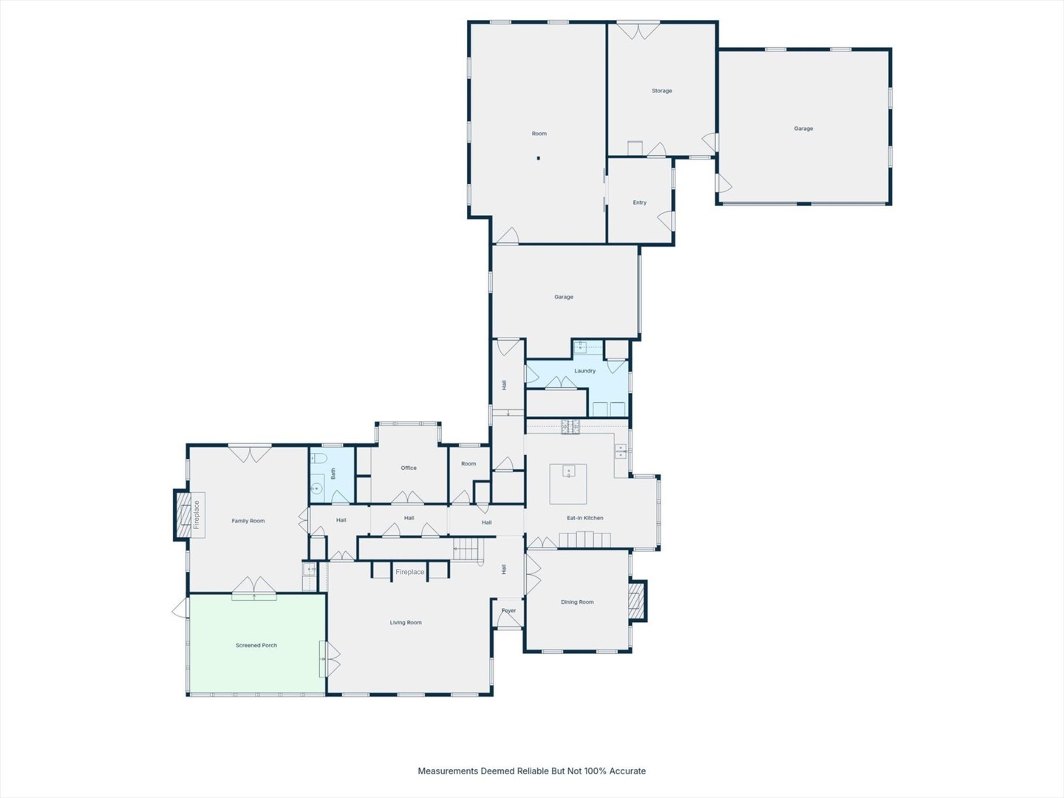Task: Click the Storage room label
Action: click(661, 91)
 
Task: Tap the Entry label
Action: click(639, 202)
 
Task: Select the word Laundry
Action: click(584, 371)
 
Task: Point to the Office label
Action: click(409, 468)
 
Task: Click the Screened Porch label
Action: click(256, 645)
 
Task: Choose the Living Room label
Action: click(406, 623)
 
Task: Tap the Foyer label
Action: click(508, 610)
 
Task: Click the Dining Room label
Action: click(577, 601)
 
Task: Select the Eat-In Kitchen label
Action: click(585, 518)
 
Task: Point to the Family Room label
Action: click(248, 521)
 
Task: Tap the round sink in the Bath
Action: click(316, 489)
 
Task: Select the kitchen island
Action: click(567, 484)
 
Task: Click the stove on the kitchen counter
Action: click(570, 426)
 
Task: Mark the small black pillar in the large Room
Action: click(538, 158)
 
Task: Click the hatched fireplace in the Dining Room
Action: click(638, 601)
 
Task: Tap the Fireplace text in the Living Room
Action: click(409, 572)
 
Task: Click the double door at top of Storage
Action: click(638, 30)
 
